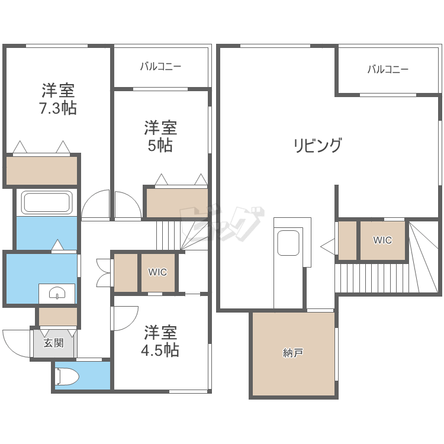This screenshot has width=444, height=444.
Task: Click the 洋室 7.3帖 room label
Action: (58, 99)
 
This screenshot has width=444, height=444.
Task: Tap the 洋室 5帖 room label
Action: (160, 136)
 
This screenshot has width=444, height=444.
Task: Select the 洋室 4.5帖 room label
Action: (160, 340)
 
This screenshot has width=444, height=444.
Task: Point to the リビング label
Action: (317, 145)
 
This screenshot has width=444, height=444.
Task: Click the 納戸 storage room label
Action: (293, 353)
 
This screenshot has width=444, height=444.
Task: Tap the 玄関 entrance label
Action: (53, 343)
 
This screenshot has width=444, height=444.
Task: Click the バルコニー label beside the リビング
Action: (388, 69)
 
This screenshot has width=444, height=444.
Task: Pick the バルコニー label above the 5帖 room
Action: (160, 66)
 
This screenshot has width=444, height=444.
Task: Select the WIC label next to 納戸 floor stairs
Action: (382, 240)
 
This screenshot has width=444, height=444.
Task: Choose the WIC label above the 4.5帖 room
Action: (157, 272)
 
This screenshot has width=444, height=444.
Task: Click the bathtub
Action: (47, 202)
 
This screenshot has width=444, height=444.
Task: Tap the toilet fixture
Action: (67, 377)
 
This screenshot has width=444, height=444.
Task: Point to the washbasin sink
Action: (57, 294)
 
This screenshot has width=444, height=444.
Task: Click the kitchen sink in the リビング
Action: (288, 243)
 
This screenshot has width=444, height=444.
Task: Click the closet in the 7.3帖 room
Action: (41, 170)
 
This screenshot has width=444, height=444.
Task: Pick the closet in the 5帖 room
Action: (177, 202)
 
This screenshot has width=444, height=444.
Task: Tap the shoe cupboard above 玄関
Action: (58, 317)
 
